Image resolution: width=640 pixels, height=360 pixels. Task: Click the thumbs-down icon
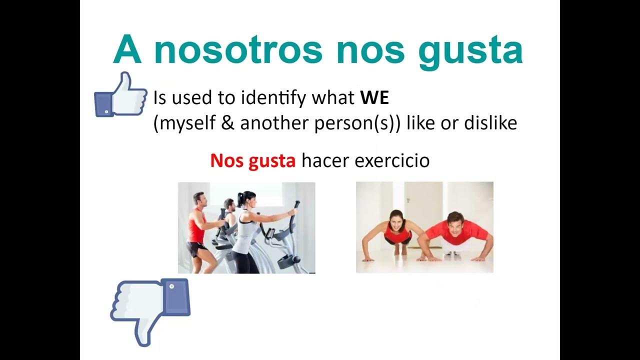pos(150,309)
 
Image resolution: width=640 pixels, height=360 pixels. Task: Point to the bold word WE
pos(374,98)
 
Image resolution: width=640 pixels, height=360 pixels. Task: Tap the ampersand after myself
pos(228,123)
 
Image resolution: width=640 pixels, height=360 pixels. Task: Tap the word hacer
pos(321,161)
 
